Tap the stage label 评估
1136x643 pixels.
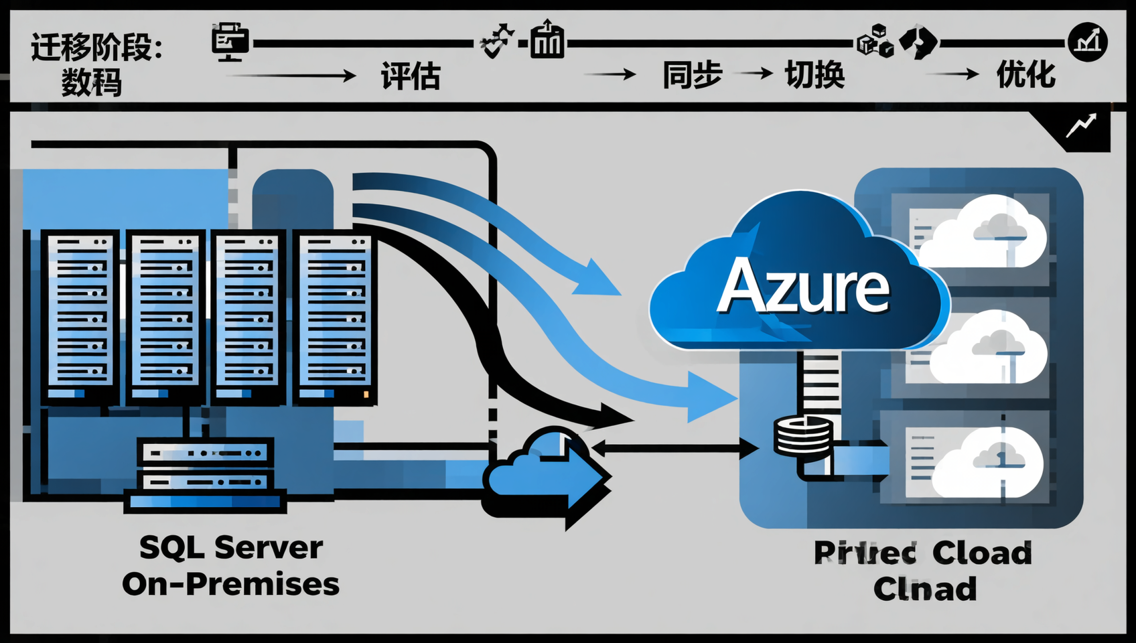[411, 76]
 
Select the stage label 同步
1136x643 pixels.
[692, 74]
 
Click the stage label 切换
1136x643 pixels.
[814, 74]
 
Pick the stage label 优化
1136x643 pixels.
[1025, 74]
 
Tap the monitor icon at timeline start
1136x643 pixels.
[230, 42]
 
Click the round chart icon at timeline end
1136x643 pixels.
[1087, 42]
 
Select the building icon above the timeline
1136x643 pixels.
[547, 40]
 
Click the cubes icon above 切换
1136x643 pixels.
[875, 41]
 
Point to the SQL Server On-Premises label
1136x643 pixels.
[230, 566]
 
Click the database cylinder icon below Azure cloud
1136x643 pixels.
[803, 436]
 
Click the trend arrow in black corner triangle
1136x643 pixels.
[1081, 125]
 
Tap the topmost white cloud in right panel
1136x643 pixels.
[983, 231]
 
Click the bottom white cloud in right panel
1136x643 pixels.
[988, 462]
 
